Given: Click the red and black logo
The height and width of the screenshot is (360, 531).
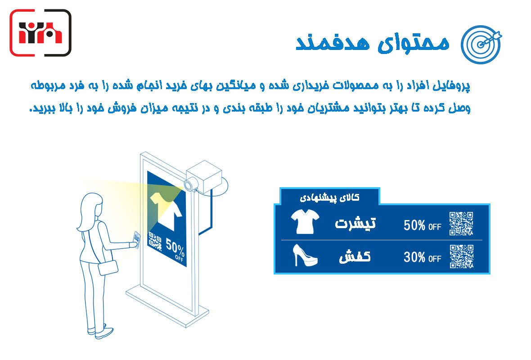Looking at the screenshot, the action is (40, 32).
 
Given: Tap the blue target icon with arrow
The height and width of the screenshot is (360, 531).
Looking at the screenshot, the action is (481, 45).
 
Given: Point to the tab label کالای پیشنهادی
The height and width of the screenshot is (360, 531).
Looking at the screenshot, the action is (329, 198).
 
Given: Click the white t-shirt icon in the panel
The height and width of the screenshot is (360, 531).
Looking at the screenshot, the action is (305, 221).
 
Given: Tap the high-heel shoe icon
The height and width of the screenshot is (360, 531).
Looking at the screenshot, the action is (305, 255).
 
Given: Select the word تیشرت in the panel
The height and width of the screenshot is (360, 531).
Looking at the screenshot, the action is (355, 223).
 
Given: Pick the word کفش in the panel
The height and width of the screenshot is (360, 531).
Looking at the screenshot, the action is (355, 256).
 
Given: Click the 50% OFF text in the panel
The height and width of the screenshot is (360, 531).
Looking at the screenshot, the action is (422, 225).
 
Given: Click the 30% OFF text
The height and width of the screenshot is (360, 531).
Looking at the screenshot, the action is (422, 257).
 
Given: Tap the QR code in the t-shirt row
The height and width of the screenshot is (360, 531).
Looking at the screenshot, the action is (461, 224).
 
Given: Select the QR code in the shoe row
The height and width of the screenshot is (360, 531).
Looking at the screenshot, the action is (461, 256).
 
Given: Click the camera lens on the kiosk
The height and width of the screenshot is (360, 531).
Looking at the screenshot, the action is (189, 185).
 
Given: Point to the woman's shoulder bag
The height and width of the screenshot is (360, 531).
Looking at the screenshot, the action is (108, 268).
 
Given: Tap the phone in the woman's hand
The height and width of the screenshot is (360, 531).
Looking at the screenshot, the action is (137, 239).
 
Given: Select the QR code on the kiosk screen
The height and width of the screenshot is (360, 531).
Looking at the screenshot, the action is (155, 242).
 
